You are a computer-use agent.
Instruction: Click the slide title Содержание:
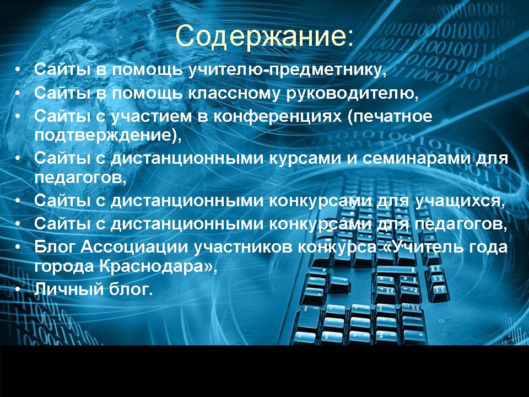tap(264, 36)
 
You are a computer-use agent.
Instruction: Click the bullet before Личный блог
tap(19, 289)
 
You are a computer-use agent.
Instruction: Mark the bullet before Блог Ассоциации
tap(19, 248)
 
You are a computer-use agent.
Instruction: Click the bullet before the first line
tap(19, 70)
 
